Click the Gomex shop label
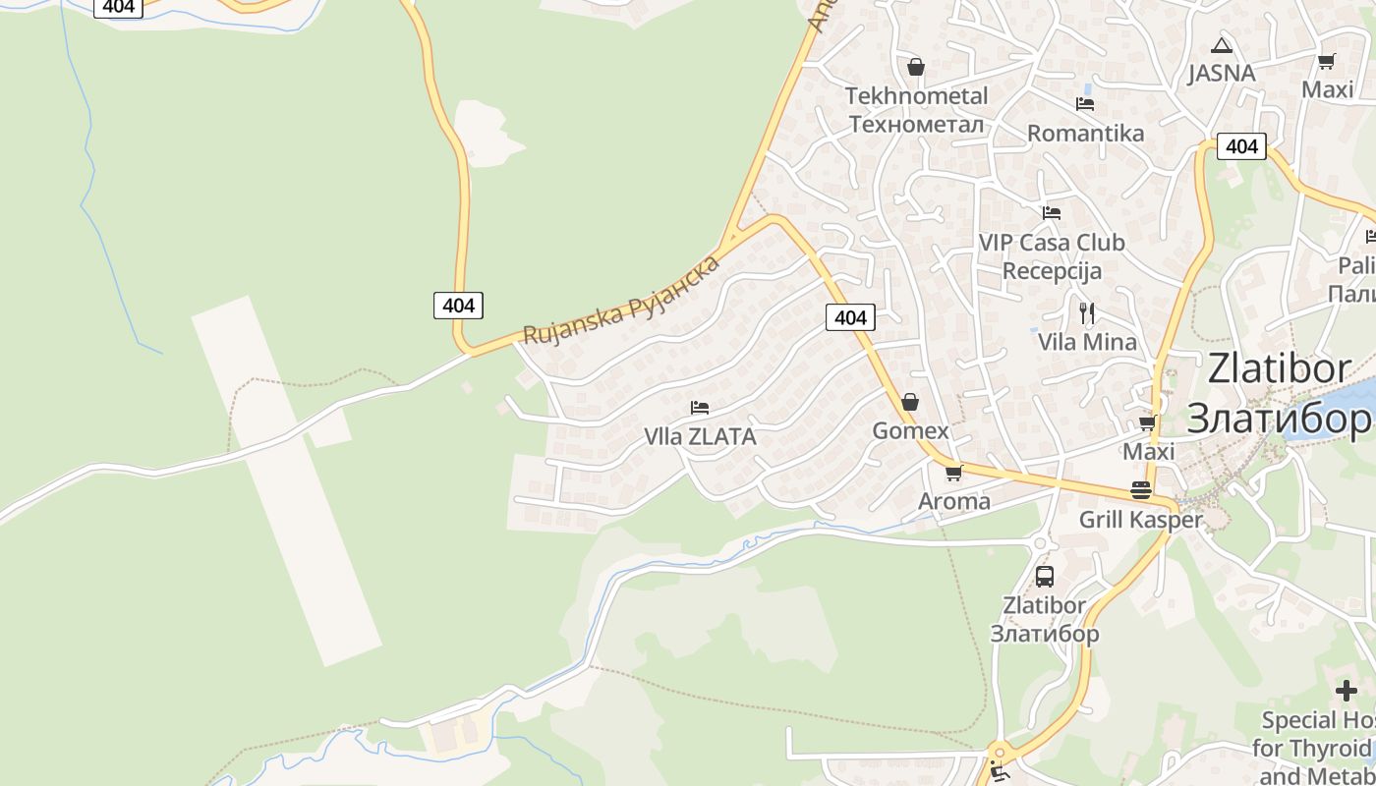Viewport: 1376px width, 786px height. [x=910, y=431]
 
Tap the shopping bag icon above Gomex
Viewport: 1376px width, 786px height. [x=910, y=402]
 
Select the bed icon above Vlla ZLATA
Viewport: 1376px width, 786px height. [x=700, y=407]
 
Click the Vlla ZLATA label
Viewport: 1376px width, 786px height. [x=700, y=437]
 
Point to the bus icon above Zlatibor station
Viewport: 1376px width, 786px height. [x=1044, y=577]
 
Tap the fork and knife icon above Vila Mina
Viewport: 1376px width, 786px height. [x=1086, y=313]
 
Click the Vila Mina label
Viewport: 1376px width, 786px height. [x=1087, y=343]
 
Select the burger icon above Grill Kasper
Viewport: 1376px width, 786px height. [x=1140, y=490]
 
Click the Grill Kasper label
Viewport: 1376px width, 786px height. [x=1140, y=520]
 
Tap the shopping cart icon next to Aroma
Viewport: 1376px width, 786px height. [x=953, y=474]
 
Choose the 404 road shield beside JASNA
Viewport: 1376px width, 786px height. [x=1241, y=146]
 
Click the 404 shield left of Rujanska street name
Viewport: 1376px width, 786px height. [x=458, y=306]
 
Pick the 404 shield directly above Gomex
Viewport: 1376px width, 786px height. [x=849, y=317]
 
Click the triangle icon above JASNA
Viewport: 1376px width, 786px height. [x=1221, y=45]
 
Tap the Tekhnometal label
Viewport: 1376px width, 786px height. [x=916, y=96]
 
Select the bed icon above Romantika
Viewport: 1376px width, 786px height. [x=1085, y=103]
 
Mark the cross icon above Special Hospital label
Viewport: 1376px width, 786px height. [x=1347, y=691]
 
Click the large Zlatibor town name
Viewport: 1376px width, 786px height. [x=1279, y=393]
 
